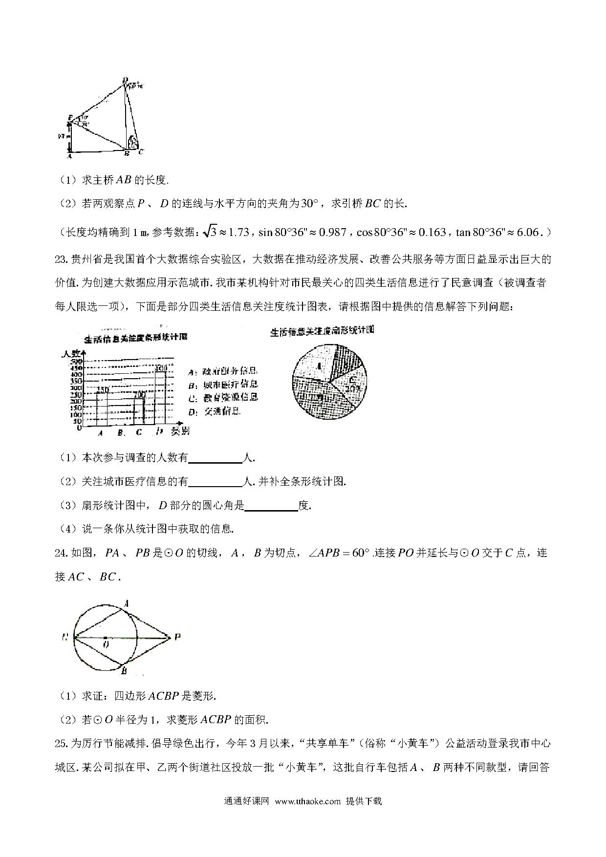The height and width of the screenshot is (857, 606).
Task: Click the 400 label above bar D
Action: pyautogui.click(x=161, y=367)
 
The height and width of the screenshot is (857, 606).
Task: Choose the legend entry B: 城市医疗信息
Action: pyautogui.click(x=223, y=384)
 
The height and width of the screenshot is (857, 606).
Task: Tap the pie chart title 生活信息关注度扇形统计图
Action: pyautogui.click(x=322, y=331)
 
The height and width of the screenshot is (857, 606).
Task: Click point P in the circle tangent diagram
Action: pyautogui.click(x=177, y=637)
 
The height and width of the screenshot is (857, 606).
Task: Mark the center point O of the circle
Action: pyautogui.click(x=106, y=638)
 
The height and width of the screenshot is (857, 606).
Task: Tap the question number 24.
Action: pyautogui.click(x=61, y=553)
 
